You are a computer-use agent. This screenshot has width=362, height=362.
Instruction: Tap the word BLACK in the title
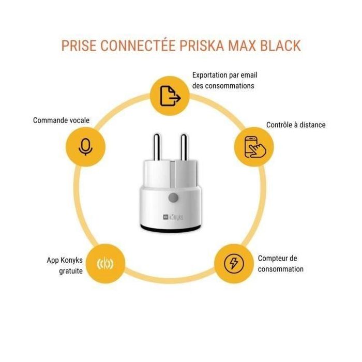point(278,46)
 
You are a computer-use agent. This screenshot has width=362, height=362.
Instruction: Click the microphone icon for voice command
point(84,146)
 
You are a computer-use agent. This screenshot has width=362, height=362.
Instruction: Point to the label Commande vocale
point(61,120)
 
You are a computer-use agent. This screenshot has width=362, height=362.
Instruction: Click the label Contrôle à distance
point(296,125)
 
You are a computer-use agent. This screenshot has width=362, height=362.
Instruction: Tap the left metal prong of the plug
point(156,147)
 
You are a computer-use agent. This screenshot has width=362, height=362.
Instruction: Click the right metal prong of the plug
point(183,147)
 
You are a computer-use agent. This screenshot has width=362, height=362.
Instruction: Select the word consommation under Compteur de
point(281,269)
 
